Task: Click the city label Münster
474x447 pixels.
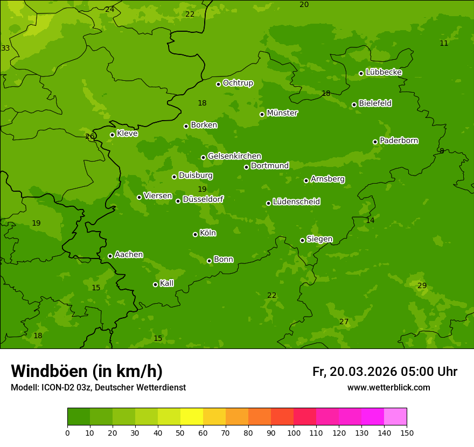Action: [x=282, y=113]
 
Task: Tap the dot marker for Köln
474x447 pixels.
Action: [x=195, y=234]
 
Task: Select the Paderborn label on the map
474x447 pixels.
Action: [x=399, y=141]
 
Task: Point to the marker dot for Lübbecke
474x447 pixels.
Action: [x=361, y=73]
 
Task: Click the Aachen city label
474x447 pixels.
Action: [x=129, y=255]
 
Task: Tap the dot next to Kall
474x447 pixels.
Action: [x=155, y=284]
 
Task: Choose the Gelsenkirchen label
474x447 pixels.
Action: [x=234, y=156]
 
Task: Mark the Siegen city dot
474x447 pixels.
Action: [x=302, y=240]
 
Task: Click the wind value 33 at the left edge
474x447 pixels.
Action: [x=5, y=48]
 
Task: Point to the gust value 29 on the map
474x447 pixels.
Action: [x=422, y=285]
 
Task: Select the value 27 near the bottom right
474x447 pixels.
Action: [x=344, y=322]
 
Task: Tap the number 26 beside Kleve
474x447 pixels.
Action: [x=89, y=136]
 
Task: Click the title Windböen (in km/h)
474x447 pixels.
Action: [x=87, y=371]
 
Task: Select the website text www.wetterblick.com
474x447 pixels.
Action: [x=388, y=387]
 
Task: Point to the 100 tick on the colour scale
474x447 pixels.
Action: [x=294, y=432]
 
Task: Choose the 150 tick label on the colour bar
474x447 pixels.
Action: [x=407, y=432]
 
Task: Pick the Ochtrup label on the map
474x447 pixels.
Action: [x=238, y=83]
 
